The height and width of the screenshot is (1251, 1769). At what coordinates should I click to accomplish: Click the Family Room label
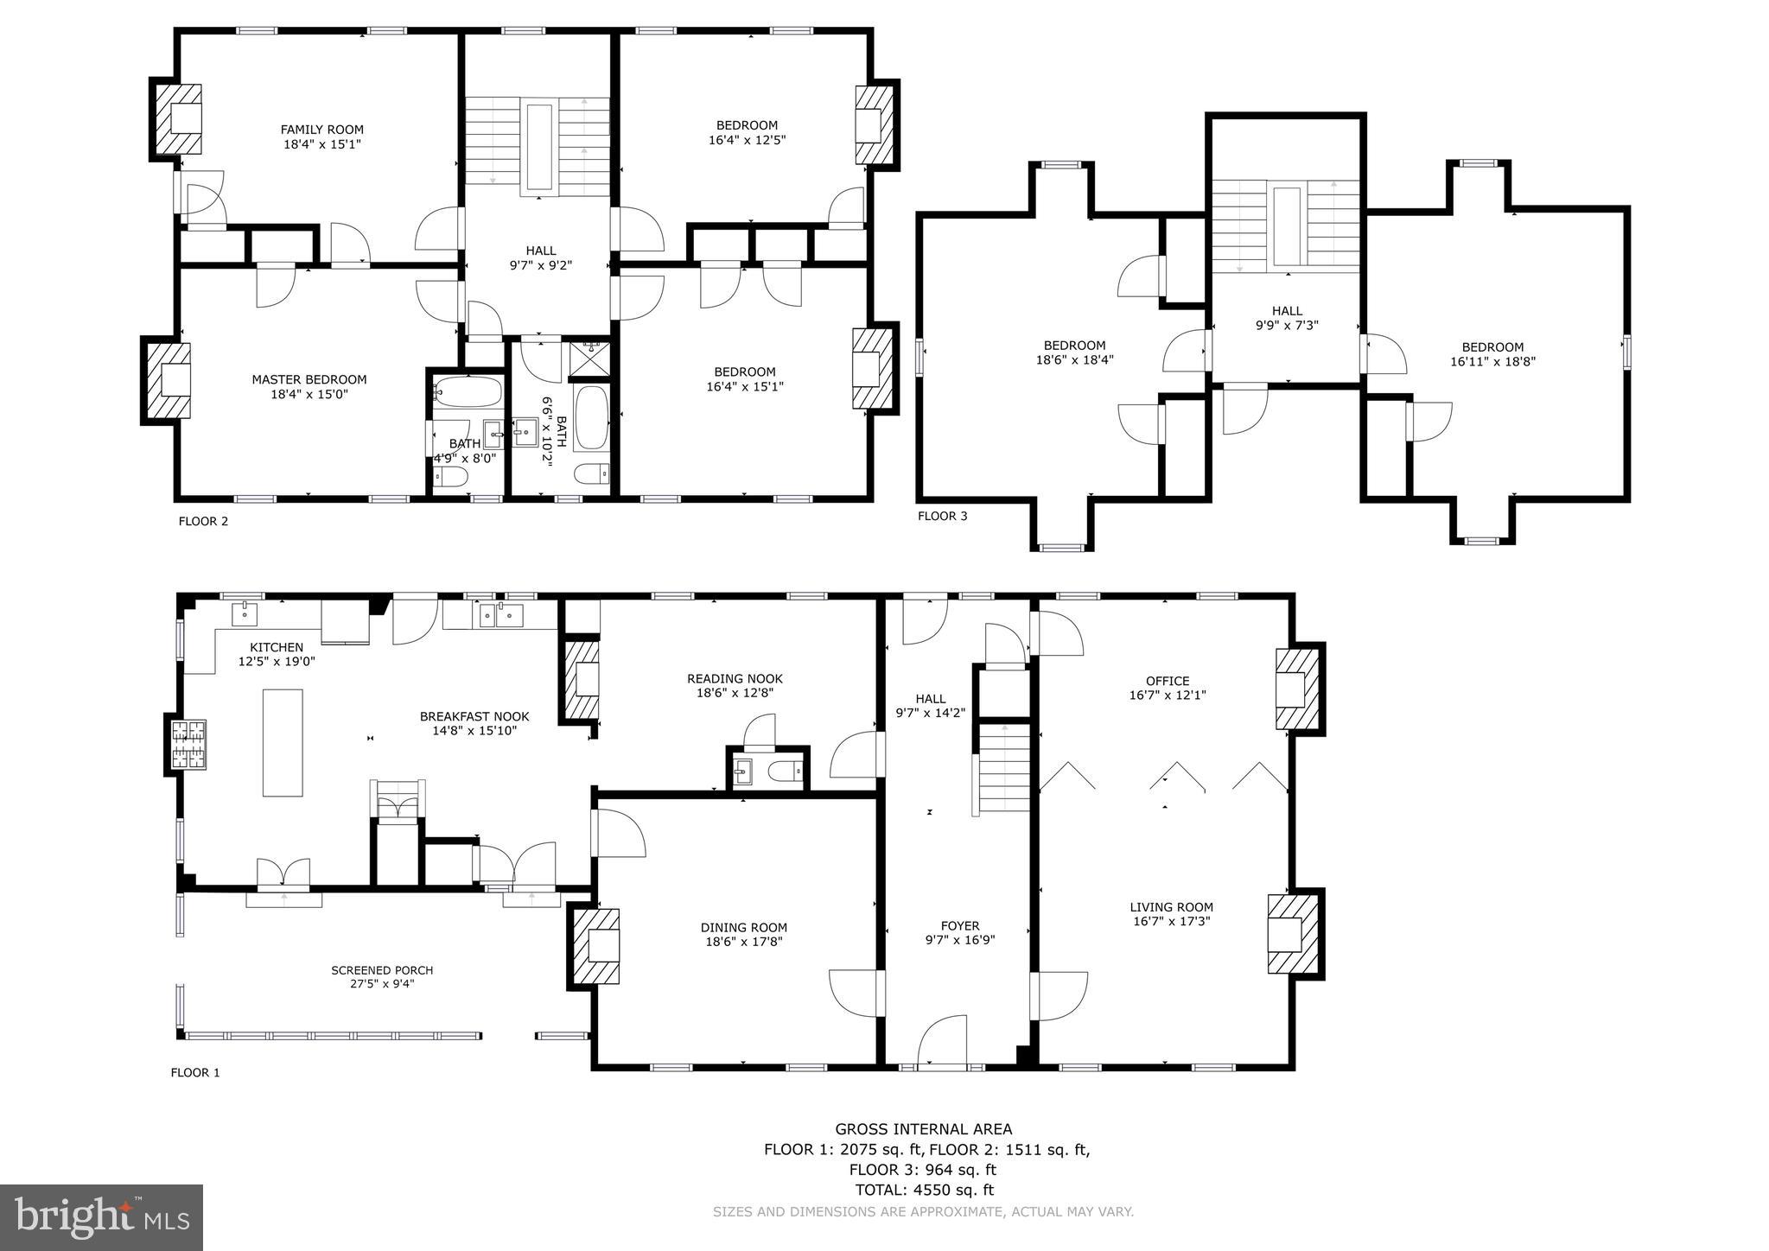pos(321,130)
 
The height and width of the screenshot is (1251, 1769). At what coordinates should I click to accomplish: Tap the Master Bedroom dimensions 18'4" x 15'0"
pos(309,395)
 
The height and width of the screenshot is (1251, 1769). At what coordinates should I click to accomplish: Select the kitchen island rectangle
pos(283,743)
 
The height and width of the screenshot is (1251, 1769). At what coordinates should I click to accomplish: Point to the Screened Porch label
pos(382,970)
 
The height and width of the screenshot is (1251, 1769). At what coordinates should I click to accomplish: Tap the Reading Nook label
pos(735,679)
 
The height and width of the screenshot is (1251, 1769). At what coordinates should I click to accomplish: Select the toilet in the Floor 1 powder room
pos(787,771)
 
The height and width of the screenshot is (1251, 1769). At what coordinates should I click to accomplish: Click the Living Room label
pos(1171,907)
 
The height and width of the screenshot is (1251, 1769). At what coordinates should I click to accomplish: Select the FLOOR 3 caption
pos(942,517)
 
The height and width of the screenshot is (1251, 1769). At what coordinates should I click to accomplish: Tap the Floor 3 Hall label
pos(1286,311)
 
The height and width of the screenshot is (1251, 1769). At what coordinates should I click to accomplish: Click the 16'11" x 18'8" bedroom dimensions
pos(1492,363)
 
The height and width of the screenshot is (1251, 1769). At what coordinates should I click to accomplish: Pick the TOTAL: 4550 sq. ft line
pos(924,1191)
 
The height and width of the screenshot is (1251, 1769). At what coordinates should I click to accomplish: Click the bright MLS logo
pos(102,1218)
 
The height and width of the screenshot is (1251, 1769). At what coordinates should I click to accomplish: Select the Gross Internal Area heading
pos(923,1129)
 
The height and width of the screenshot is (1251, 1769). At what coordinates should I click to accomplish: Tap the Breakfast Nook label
pos(474,717)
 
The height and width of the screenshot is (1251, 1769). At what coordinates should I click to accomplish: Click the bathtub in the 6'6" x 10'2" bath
pos(591,418)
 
